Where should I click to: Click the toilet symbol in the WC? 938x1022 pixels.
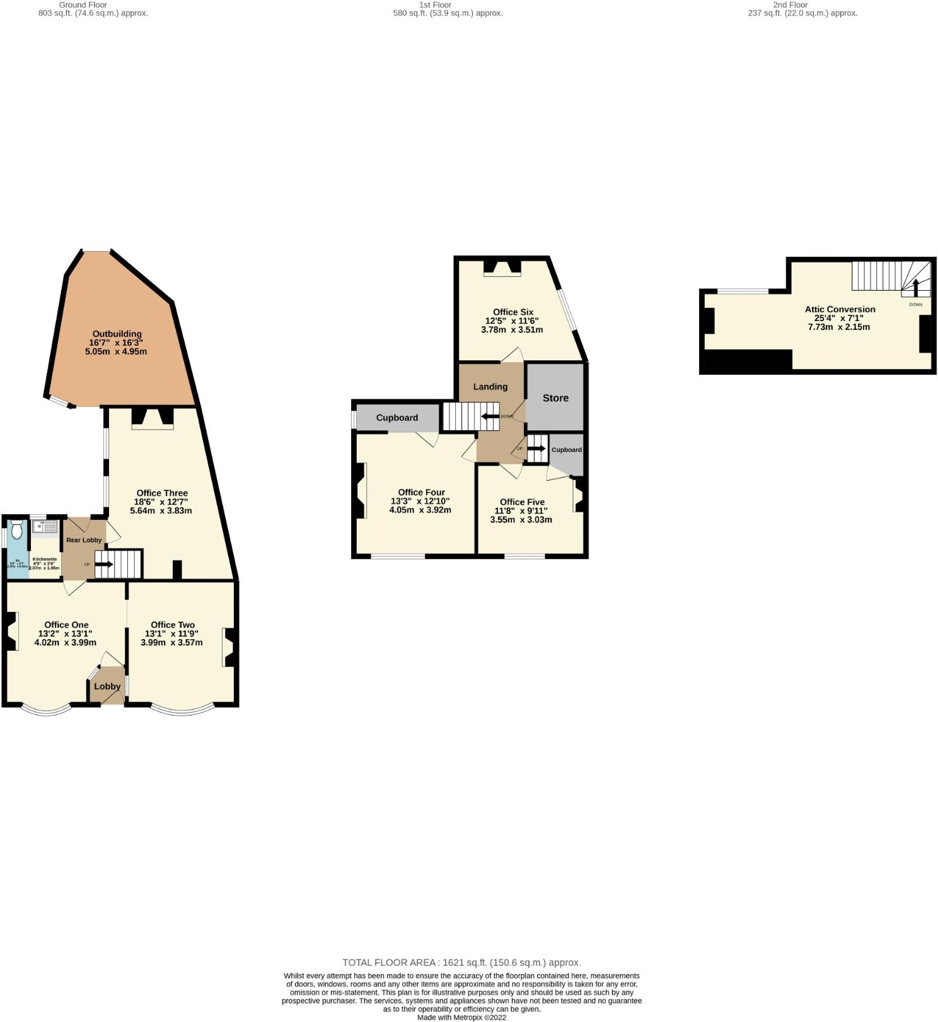tap(17, 529)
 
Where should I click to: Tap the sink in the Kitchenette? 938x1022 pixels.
tap(44, 526)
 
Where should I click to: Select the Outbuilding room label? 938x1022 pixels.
tap(117, 334)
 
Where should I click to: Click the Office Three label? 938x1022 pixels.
tap(162, 493)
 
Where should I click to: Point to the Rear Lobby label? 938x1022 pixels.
tap(84, 540)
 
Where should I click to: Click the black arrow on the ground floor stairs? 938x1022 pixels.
tap(104, 564)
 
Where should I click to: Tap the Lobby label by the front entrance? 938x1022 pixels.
tap(107, 686)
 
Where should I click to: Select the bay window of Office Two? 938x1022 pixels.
tap(183, 710)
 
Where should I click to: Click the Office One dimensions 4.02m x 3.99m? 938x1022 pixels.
tap(66, 643)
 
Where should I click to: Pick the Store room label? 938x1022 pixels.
tap(555, 398)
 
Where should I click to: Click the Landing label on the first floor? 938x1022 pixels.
tap(490, 387)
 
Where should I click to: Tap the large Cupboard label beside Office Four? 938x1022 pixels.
tap(397, 418)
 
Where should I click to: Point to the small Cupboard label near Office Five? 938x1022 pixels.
tap(567, 450)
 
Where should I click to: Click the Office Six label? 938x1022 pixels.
tap(513, 312)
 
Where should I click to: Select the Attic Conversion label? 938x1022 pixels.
tap(840, 309)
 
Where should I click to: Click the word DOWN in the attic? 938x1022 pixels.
tap(915, 305)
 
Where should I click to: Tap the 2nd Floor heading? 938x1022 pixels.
tap(790, 4)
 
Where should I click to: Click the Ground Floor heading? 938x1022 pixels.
tap(83, 4)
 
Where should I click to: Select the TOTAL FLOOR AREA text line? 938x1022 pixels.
tap(461, 963)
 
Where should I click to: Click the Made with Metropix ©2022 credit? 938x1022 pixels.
tap(461, 1017)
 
